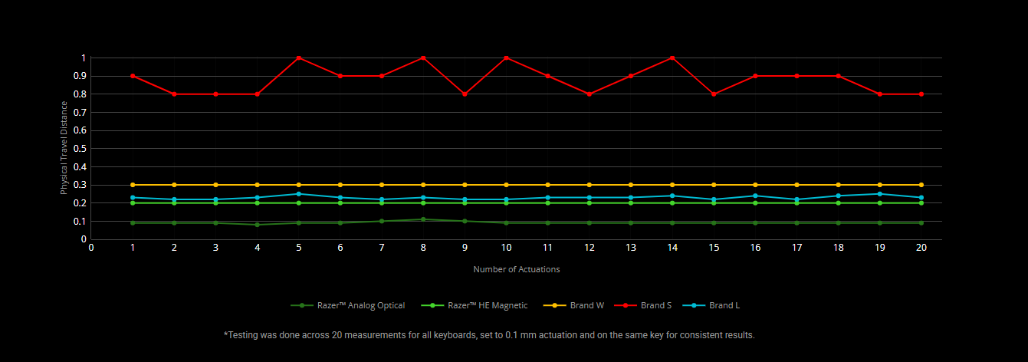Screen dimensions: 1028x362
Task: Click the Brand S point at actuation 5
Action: [299, 58]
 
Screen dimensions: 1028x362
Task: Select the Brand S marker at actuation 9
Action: [465, 94]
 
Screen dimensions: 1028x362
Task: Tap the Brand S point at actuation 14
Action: [672, 58]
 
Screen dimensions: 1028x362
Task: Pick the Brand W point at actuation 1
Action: [133, 185]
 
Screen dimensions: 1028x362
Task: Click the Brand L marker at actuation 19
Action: [880, 194]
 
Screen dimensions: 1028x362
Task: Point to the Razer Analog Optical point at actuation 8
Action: [423, 219]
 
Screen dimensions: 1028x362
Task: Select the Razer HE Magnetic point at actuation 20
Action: [921, 203]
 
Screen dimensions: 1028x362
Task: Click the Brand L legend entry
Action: [711, 305]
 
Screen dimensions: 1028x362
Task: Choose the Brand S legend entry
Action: [642, 305]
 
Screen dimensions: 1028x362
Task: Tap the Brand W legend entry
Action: [573, 305]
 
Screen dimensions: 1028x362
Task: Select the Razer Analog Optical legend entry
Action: [347, 305]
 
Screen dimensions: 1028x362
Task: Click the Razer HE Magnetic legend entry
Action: [474, 305]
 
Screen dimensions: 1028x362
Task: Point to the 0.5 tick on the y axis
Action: [80, 149]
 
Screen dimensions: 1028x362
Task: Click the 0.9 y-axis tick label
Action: [80, 76]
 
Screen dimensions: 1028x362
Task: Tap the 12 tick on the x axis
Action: [590, 248]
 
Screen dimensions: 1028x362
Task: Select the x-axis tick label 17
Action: [796, 248]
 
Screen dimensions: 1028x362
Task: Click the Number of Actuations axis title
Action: [516, 269]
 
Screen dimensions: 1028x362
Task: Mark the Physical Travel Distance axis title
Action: [64, 148]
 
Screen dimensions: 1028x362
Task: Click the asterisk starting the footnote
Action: [226, 334]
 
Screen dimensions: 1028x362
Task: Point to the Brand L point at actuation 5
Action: [299, 194]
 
